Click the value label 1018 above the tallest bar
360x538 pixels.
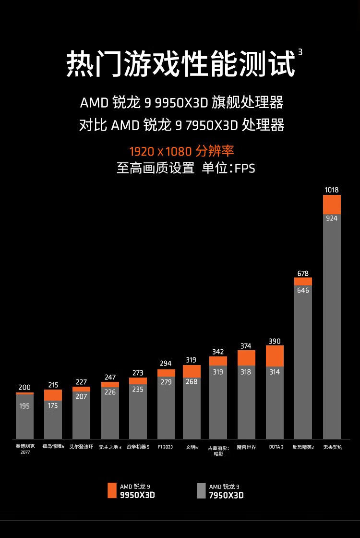point(332,190)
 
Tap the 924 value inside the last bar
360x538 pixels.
point(332,218)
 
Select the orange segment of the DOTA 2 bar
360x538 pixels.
point(275,356)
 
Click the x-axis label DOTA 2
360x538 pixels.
point(276,447)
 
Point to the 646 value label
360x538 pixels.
point(303,291)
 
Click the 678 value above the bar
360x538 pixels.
point(303,273)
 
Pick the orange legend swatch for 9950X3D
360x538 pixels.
point(112,490)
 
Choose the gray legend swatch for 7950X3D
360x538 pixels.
point(201,490)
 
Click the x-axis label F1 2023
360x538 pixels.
point(166,447)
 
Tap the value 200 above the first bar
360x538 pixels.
point(24,387)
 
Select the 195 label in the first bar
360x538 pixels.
point(24,406)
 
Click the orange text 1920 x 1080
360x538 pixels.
point(160,152)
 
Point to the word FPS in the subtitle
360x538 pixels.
point(245,169)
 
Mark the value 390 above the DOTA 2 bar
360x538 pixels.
point(275,341)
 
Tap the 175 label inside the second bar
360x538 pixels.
point(53,405)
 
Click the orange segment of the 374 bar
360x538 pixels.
point(246,358)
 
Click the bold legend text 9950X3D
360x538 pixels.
point(137,495)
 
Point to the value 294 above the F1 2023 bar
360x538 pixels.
point(166,363)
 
